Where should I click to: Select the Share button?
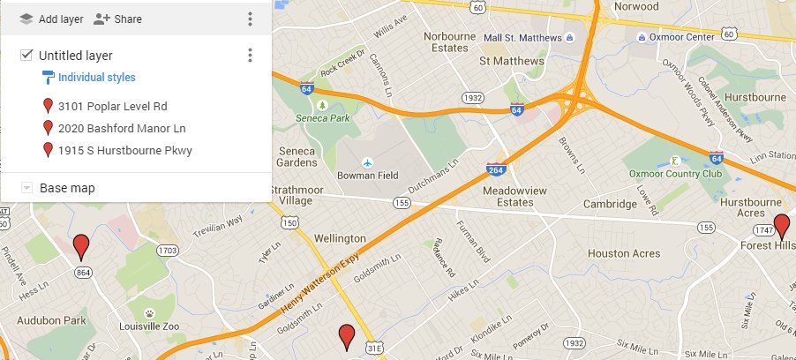[117, 19]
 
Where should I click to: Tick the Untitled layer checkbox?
[26, 56]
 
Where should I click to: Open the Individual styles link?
[96, 78]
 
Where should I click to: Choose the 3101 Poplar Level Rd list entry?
[112, 106]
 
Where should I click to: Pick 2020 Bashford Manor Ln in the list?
[122, 128]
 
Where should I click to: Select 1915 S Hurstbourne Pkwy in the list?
[124, 150]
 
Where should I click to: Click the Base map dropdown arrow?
[26, 188]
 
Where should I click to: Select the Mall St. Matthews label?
[522, 37]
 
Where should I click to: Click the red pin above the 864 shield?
[82, 244]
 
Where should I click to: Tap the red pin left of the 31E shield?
[347, 335]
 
